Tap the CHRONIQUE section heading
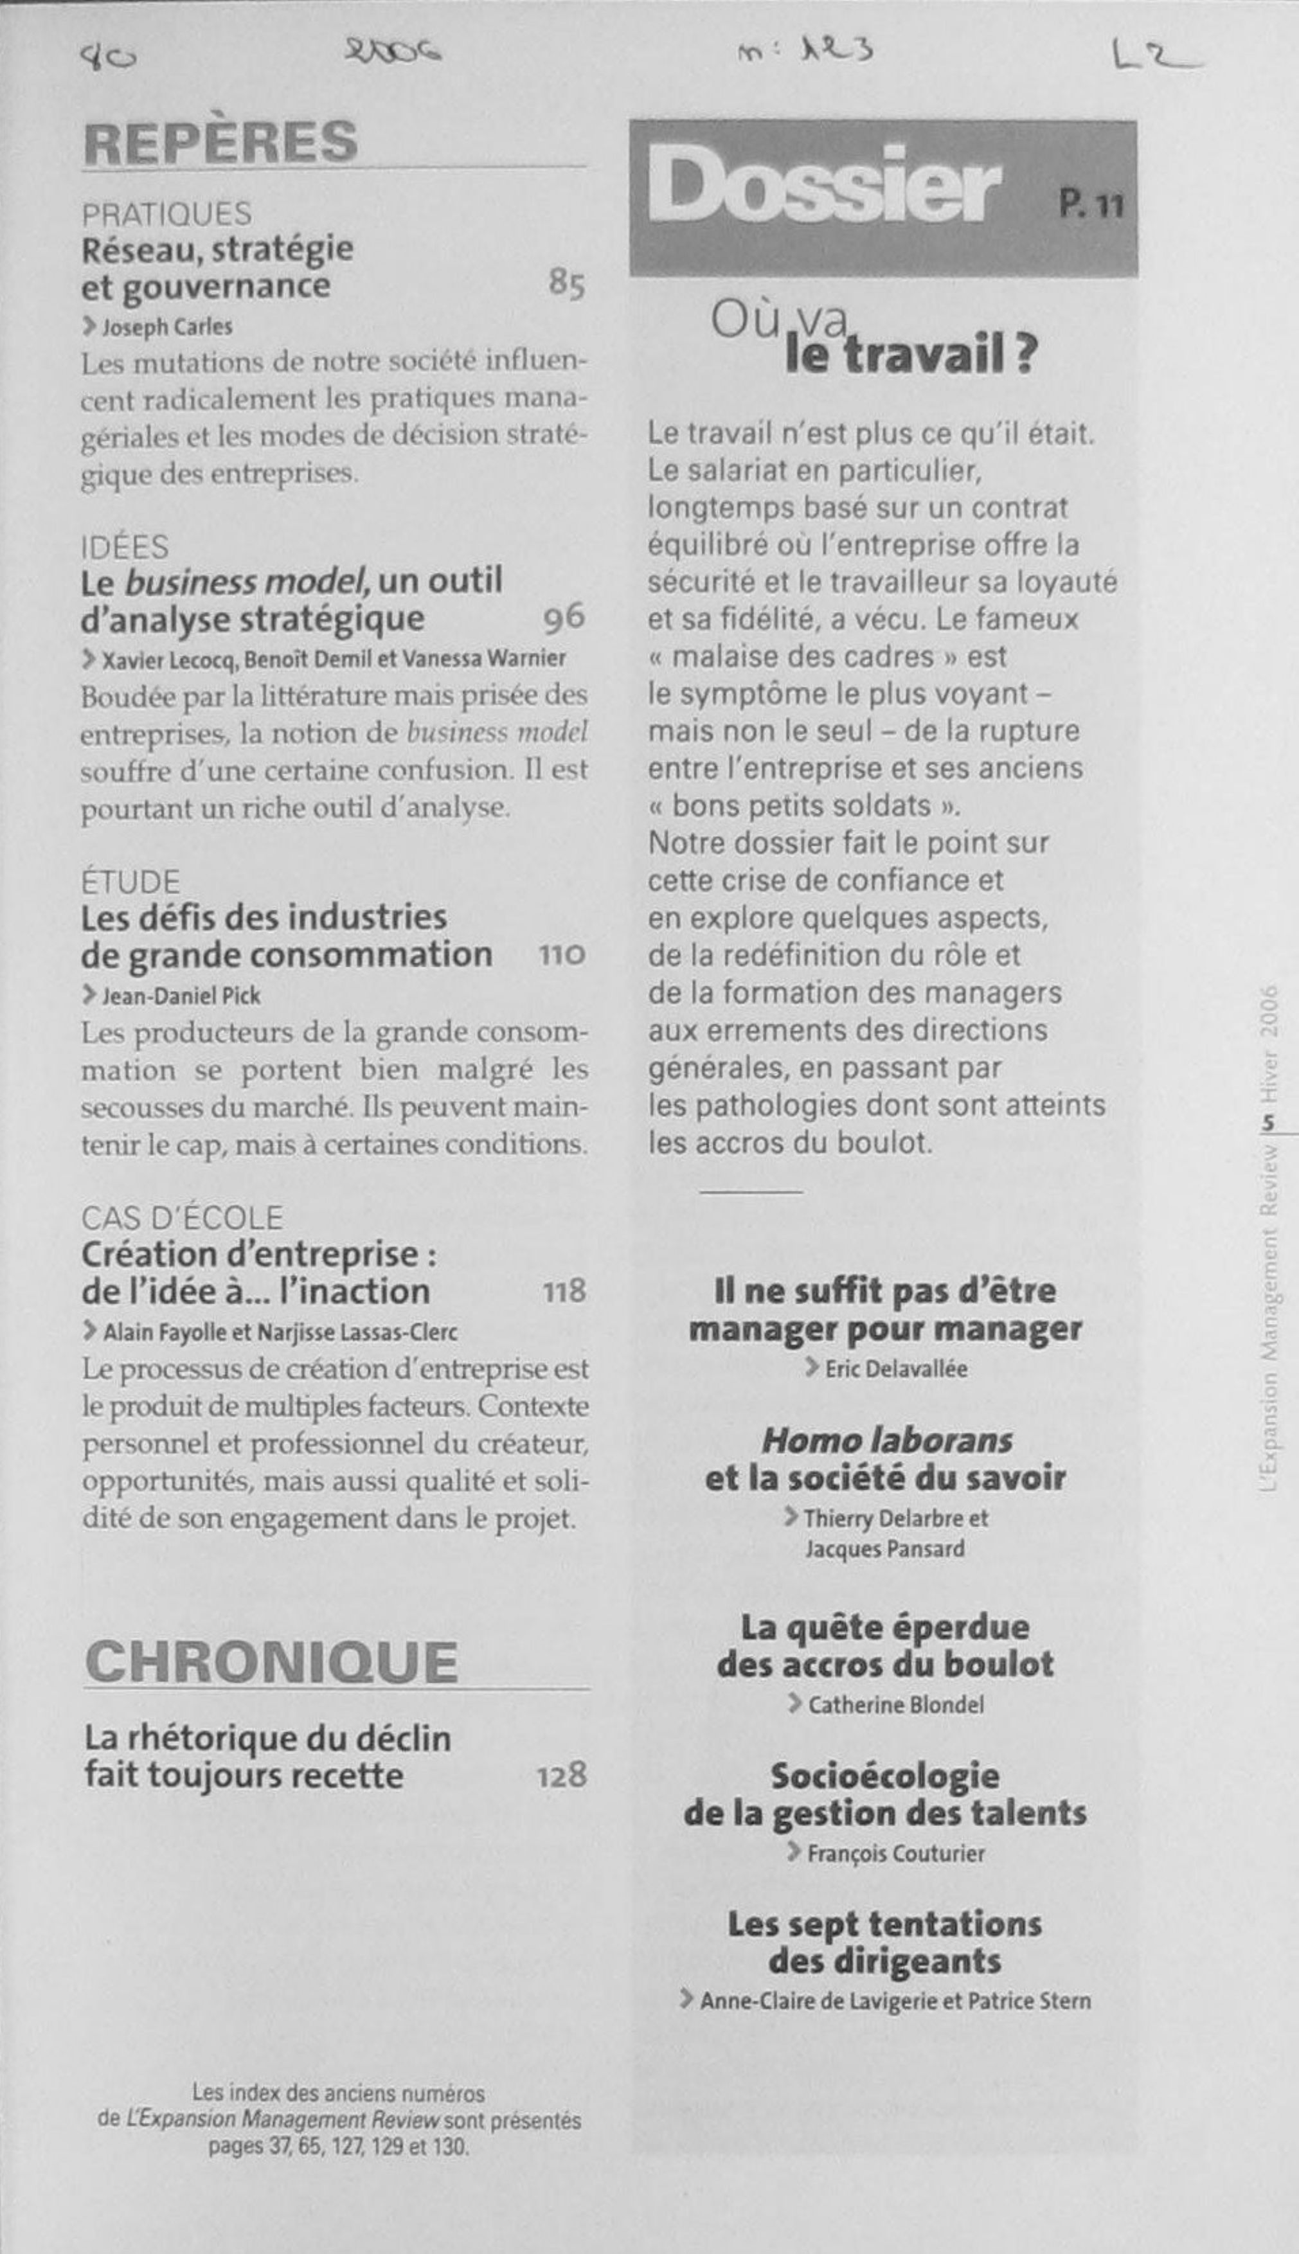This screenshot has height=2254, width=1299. (271, 1661)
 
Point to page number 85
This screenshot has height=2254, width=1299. (566, 285)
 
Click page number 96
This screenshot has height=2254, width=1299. (563, 617)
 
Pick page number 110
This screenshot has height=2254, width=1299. (561, 955)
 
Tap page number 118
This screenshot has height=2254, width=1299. (564, 1291)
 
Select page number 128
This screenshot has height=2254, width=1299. (561, 1775)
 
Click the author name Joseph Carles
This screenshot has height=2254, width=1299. (167, 327)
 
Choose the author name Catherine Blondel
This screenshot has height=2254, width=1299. (895, 1704)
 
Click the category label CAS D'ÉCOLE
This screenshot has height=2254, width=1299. (182, 1217)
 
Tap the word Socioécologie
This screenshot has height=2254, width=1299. (884, 1775)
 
